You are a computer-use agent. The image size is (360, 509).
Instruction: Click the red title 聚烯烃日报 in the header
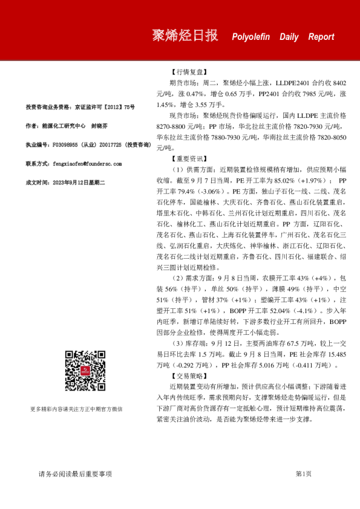point(185,36)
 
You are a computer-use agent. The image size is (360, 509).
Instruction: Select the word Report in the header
point(321,37)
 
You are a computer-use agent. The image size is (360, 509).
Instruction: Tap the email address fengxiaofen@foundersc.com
point(88,164)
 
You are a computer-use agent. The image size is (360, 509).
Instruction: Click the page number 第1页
point(303,474)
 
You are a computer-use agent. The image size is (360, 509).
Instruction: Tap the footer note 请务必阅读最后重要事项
point(75,474)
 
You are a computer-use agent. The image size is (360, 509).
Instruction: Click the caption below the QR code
point(85,409)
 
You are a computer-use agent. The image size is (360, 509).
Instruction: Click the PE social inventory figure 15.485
point(334,354)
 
